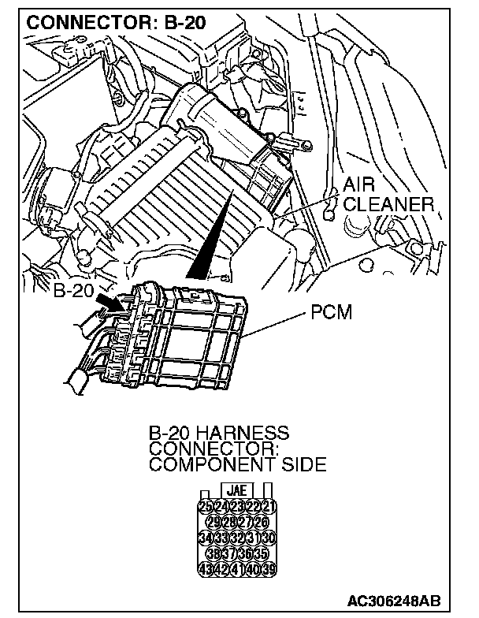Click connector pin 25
coord(207,506)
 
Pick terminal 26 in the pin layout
coord(260,521)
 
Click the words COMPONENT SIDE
coord(236,464)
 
